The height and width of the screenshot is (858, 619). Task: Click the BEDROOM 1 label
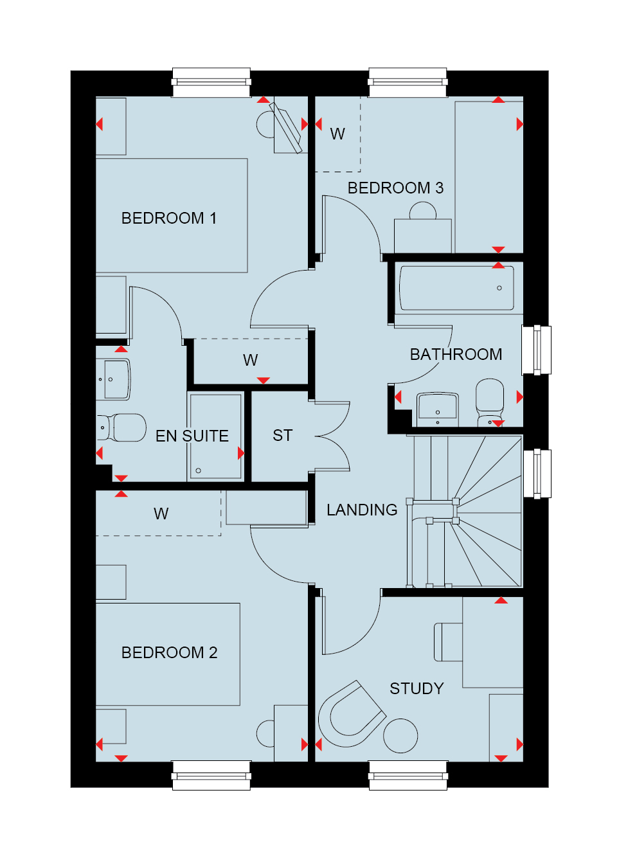coord(169,219)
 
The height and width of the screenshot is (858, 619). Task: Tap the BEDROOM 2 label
coord(169,653)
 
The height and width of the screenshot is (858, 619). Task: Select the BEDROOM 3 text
coord(395,188)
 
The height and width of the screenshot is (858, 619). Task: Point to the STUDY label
coord(417,689)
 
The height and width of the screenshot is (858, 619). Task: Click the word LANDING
coord(362,510)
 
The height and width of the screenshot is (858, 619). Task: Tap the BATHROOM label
coord(456,354)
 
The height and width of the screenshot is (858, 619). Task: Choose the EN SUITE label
coord(192,436)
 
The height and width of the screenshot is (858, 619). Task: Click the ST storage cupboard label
coord(283,436)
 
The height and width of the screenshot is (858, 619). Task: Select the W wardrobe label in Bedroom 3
coord(337,134)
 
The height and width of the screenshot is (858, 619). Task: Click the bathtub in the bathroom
coord(456,288)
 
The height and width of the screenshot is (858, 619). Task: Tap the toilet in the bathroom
coord(490,402)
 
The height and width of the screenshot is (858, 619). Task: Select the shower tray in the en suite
coord(216,436)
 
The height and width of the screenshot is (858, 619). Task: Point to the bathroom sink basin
coord(438,409)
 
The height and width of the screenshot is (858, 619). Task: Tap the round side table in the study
coord(400,736)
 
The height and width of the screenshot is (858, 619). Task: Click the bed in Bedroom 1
coord(172,216)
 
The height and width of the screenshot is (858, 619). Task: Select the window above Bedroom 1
coord(211,82)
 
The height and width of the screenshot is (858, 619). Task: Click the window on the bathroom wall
coord(537,350)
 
